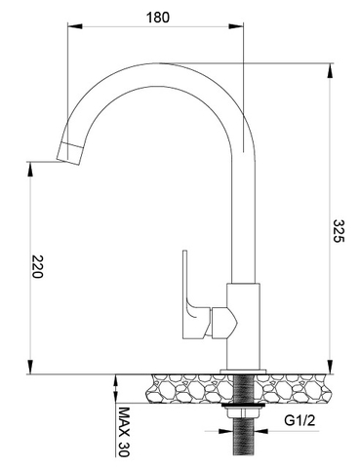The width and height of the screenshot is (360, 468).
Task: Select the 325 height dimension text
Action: coord(339,232)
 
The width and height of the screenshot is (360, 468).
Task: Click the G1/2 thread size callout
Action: coord(299,421)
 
